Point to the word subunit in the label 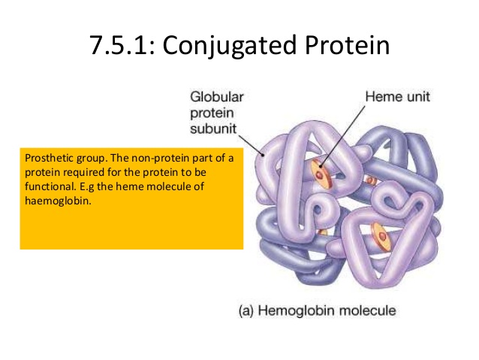(212, 129)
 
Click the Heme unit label (396, 98)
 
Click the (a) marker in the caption (248, 310)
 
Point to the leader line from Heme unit (345, 135)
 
